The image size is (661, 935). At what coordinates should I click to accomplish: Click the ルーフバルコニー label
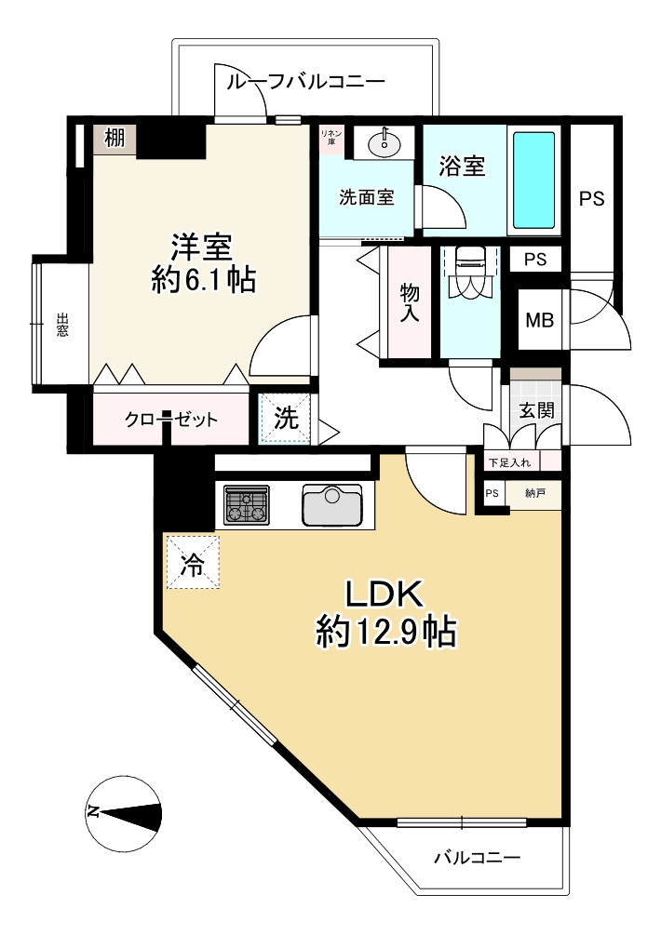(305, 81)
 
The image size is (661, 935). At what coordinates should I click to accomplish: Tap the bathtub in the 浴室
(534, 180)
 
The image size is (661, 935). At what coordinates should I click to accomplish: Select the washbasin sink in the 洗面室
(384, 142)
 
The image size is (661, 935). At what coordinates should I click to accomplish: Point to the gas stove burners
(246, 506)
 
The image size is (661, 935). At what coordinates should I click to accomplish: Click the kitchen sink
(331, 505)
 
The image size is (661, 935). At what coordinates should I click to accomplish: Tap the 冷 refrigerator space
(193, 563)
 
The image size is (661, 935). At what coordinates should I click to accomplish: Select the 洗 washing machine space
(285, 419)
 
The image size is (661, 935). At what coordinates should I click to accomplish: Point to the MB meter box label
(539, 320)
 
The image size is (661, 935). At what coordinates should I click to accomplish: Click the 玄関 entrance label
(535, 410)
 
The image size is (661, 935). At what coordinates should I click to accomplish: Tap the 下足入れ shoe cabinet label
(509, 462)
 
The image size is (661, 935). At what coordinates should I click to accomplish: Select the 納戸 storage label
(534, 493)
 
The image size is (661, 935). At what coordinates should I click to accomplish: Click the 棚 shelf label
(115, 139)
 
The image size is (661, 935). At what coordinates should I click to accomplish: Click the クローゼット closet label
(170, 420)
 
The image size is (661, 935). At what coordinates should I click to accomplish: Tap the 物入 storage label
(410, 303)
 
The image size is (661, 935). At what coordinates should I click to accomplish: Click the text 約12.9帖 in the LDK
(386, 632)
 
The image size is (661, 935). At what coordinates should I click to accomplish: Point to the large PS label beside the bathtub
(592, 198)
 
